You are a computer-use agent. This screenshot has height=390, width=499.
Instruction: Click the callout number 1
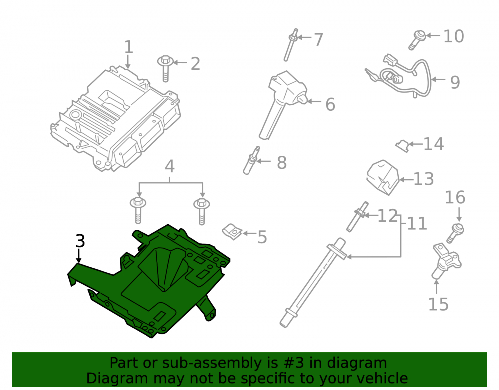tap(128, 47)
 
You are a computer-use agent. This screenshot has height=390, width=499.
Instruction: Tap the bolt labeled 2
tap(166, 69)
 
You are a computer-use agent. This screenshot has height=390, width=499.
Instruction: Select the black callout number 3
tap(80, 241)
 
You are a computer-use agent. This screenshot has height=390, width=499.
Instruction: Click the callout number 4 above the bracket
tap(169, 166)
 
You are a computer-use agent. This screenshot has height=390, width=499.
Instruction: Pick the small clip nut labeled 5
tap(232, 232)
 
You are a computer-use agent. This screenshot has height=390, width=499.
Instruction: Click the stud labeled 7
tap(291, 45)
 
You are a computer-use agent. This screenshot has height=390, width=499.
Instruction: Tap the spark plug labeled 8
tap(251, 160)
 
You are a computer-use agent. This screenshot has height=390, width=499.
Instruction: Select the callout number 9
tap(455, 82)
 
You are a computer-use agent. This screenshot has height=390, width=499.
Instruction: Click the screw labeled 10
tap(417, 40)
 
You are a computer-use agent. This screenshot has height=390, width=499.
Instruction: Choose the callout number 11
tap(417, 224)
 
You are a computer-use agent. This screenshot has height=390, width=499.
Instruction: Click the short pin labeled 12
tap(357, 217)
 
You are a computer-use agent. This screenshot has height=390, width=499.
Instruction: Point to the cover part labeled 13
tap(383, 177)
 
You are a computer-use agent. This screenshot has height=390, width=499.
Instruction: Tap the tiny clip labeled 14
tap(402, 145)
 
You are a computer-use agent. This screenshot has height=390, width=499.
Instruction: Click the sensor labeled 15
tap(446, 261)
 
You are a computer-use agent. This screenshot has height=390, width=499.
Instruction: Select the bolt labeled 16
tap(455, 233)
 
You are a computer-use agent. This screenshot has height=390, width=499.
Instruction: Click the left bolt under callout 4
tap(138, 211)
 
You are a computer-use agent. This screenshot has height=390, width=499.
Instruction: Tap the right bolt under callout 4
tap(202, 212)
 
